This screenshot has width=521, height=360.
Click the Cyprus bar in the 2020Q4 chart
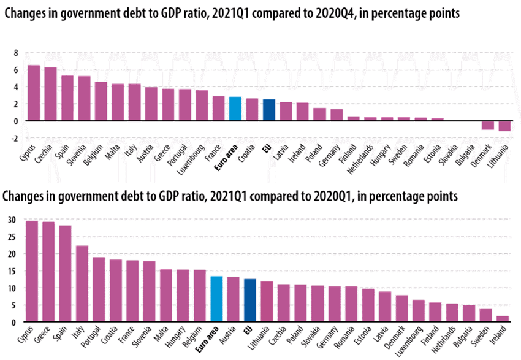pyautogui.click(x=34, y=93)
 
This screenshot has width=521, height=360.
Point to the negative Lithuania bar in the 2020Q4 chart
pyautogui.click(x=504, y=126)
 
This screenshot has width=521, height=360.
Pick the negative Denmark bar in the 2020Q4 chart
pyautogui.click(x=487, y=125)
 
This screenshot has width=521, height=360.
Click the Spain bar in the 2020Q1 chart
pyautogui.click(x=66, y=274)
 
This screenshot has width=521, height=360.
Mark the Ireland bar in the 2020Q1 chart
pyautogui.click(x=502, y=318)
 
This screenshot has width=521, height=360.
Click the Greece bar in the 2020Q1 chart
pyautogui.click(x=48, y=271)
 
